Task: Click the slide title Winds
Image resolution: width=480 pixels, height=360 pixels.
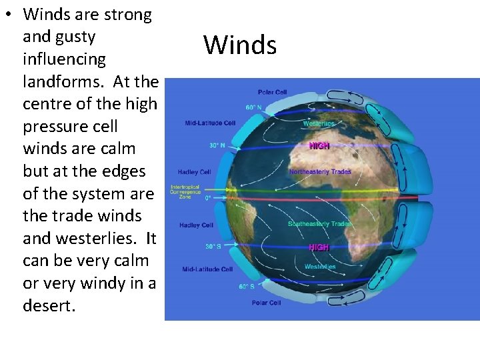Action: [x=240, y=45]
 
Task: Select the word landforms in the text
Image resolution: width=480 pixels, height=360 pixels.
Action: [x=65, y=81]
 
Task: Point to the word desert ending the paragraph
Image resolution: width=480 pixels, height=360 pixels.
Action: [x=47, y=306]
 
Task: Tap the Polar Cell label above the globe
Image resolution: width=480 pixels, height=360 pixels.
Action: [x=273, y=92]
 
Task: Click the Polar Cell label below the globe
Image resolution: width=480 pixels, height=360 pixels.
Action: [x=266, y=303]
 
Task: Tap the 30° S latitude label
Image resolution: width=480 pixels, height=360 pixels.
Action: [x=213, y=247]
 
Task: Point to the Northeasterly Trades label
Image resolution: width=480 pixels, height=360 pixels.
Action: [x=320, y=172]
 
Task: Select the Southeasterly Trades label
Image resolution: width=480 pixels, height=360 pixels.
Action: [x=319, y=224]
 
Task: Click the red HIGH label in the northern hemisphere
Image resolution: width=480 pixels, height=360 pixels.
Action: [x=319, y=145]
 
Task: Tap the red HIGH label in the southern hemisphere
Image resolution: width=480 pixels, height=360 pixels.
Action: [x=319, y=247]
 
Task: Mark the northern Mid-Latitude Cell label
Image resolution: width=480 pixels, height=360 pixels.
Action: [x=210, y=123]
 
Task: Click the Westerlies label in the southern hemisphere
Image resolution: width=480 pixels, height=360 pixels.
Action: [x=319, y=267]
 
